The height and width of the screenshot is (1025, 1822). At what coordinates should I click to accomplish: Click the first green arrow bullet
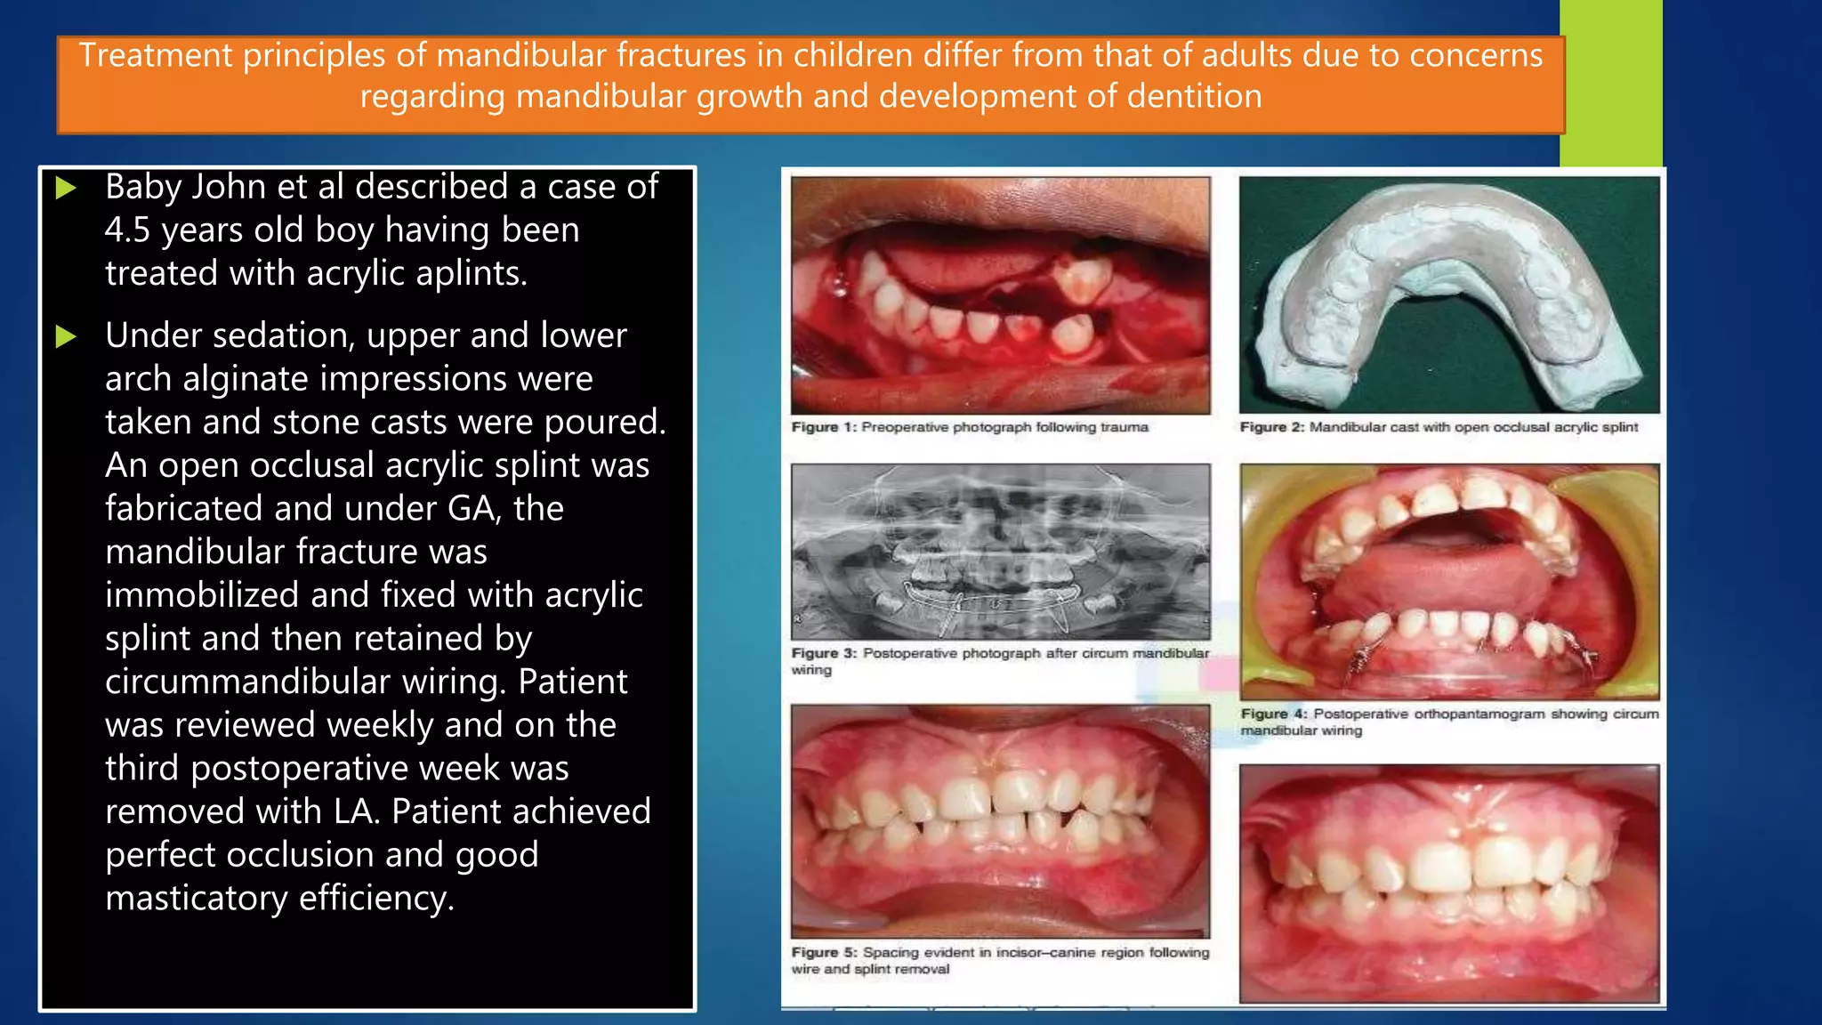pyautogui.click(x=65, y=188)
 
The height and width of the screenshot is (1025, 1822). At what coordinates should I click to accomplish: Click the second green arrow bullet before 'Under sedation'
pyautogui.click(x=65, y=336)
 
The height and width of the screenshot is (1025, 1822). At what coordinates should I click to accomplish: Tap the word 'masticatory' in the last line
pyautogui.click(x=197, y=898)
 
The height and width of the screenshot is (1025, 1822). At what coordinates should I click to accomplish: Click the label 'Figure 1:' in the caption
pyautogui.click(x=824, y=427)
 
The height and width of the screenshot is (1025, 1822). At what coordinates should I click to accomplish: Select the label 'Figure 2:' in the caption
pyautogui.click(x=1272, y=427)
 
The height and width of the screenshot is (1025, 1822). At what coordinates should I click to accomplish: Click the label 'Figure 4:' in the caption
pyautogui.click(x=1274, y=714)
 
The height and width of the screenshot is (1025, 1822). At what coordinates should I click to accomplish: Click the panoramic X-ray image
pyautogui.click(x=1001, y=552)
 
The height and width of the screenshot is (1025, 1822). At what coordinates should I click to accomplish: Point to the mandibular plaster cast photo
pyautogui.click(x=1449, y=295)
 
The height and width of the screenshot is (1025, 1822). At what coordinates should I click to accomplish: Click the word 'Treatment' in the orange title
pyautogui.click(x=156, y=55)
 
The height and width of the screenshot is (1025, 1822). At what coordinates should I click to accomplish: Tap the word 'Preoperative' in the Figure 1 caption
pyautogui.click(x=904, y=427)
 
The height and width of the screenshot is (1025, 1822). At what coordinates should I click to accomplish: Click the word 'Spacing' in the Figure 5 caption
pyautogui.click(x=890, y=952)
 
